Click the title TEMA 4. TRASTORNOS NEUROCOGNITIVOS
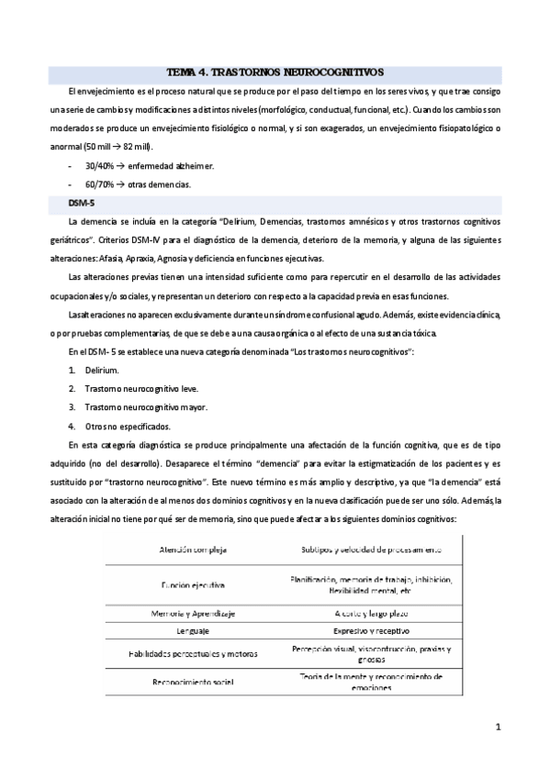[x=275, y=72]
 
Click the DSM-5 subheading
[x=80, y=204]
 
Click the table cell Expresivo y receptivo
[x=371, y=631]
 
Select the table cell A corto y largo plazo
[x=371, y=612]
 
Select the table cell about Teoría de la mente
[x=371, y=682]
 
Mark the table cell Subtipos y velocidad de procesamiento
[x=371, y=550]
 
